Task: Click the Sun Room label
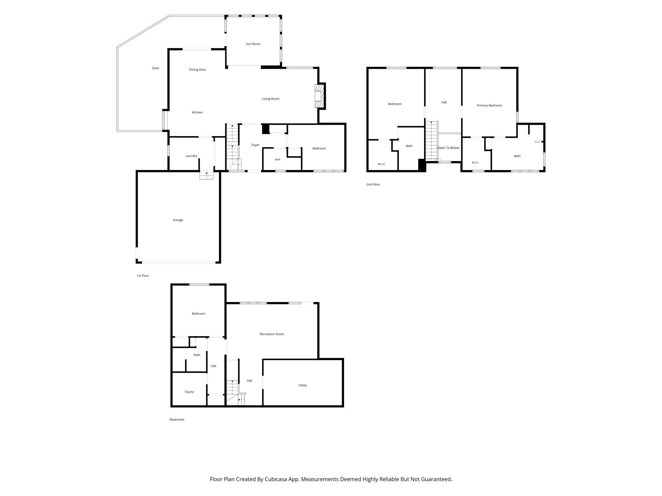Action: (x=253, y=44)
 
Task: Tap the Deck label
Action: (x=155, y=68)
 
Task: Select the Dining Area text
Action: (x=197, y=70)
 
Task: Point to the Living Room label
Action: (x=271, y=99)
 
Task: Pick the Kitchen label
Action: (x=197, y=112)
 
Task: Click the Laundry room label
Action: (x=191, y=156)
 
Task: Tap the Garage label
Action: (x=178, y=220)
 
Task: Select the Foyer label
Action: (x=255, y=145)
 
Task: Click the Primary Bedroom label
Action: (x=489, y=106)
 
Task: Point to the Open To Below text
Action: (x=448, y=148)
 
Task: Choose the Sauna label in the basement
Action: (x=189, y=392)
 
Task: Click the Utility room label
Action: (x=303, y=385)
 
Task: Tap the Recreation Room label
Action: (x=272, y=334)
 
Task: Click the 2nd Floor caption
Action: (x=373, y=184)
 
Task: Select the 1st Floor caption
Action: (x=143, y=276)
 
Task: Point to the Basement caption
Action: (x=177, y=420)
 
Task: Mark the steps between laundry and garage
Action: (x=207, y=175)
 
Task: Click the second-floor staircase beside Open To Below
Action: (x=432, y=140)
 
